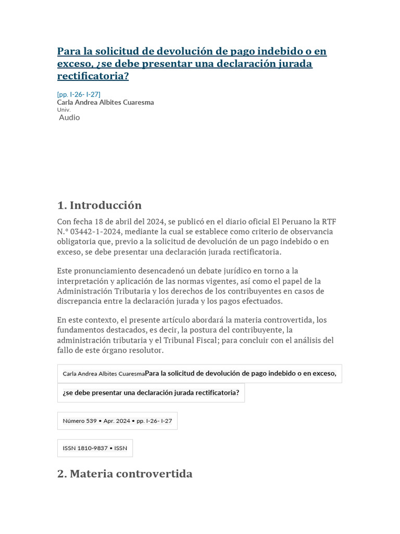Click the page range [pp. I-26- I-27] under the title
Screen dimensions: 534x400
(79, 94)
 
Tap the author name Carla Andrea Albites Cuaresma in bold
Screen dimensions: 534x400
(105, 102)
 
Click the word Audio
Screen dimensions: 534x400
(69, 117)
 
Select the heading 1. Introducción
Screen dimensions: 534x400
(99, 205)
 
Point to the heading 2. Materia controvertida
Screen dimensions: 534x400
(124, 474)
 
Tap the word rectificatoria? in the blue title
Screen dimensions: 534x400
(93, 76)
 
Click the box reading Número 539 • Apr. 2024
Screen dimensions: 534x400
(117, 421)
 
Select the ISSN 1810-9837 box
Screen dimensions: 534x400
(95, 448)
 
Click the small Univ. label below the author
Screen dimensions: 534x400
(64, 110)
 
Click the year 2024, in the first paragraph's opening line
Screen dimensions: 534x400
(153, 222)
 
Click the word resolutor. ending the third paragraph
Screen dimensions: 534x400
(145, 350)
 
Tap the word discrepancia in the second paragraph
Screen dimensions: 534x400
(80, 301)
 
